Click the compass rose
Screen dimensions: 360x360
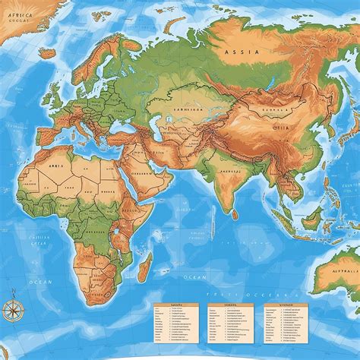point(13,308)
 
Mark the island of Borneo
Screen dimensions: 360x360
point(311,220)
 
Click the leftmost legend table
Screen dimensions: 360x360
point(175,325)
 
